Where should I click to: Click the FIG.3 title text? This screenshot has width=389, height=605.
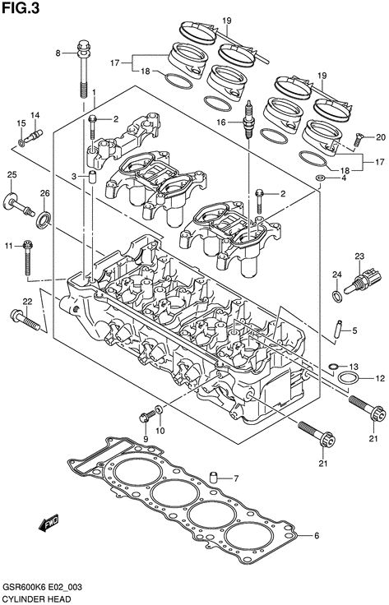tap(21, 7)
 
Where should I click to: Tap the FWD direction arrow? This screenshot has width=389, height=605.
tap(49, 522)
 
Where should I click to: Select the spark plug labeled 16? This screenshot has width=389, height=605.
tap(249, 120)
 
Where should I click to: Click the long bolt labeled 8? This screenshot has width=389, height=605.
tap(84, 69)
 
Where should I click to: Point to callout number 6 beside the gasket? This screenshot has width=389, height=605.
tap(317, 536)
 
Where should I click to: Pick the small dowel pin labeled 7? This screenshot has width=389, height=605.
tap(213, 478)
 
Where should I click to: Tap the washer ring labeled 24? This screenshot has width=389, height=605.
tap(337, 297)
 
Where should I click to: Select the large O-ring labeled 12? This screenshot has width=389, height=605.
tap(350, 378)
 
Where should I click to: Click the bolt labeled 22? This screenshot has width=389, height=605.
tap(25, 320)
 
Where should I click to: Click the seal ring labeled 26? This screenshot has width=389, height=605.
tap(43, 219)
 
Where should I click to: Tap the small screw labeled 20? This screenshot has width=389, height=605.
tap(359, 139)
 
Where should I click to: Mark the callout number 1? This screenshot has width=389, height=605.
tap(94, 93)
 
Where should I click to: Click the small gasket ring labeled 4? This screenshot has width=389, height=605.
tap(320, 178)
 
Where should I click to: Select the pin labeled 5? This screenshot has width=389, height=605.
tap(339, 330)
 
